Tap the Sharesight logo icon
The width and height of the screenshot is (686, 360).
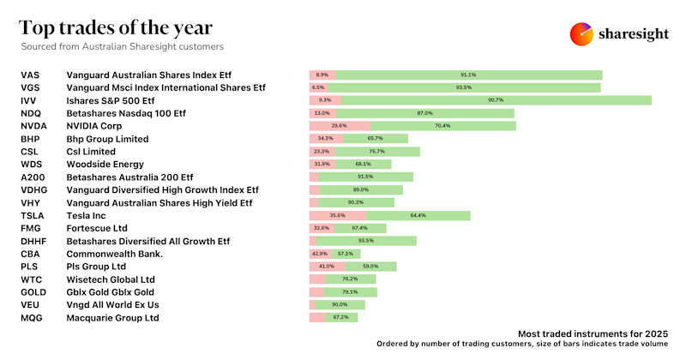pyautogui.click(x=582, y=35)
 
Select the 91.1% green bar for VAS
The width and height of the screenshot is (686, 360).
pyautogui.click(x=467, y=75)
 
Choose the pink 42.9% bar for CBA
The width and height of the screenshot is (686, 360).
pyautogui.click(x=320, y=254)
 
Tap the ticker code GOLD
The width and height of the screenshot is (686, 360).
pyautogui.click(x=33, y=291)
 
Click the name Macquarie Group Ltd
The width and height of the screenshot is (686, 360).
pyautogui.click(x=112, y=317)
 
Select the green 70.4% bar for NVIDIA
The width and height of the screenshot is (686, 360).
pyautogui.click(x=442, y=126)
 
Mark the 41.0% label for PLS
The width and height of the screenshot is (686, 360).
pyautogui.click(x=326, y=267)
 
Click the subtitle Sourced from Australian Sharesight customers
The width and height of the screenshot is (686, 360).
pyautogui.click(x=122, y=46)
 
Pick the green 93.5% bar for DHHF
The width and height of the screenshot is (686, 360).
pyautogui.click(x=366, y=241)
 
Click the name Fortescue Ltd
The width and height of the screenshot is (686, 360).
pyautogui.click(x=97, y=228)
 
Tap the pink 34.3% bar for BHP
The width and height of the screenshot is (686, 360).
pyautogui.click(x=325, y=138)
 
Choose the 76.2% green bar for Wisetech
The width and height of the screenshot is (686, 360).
pyautogui.click(x=350, y=279)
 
